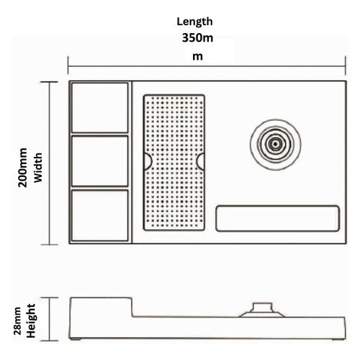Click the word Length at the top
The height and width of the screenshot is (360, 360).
click(194, 22)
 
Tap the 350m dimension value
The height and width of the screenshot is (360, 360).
click(197, 38)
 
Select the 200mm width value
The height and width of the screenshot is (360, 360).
click(23, 168)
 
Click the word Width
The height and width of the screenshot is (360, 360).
click(38, 168)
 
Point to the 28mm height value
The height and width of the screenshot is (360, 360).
click(17, 321)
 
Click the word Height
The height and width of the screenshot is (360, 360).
click(31, 321)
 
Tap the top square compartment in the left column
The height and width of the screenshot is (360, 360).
click(100, 107)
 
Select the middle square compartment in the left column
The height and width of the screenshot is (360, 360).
click(100, 161)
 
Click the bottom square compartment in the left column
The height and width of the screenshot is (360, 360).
click(100, 215)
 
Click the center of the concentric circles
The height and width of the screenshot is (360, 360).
click(275, 145)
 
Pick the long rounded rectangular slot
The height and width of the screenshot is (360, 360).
click(277, 218)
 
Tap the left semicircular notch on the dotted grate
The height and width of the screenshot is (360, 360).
click(148, 161)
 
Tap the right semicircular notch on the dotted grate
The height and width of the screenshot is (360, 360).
click(201, 161)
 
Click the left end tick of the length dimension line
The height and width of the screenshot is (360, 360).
click(68, 66)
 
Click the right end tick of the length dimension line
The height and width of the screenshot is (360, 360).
click(346, 66)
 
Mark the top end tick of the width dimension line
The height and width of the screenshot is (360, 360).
click(49, 82)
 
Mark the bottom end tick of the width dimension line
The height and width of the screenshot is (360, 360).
click(49, 245)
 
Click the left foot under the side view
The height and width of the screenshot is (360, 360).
click(75, 339)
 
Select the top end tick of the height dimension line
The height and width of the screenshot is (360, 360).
click(50, 298)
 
